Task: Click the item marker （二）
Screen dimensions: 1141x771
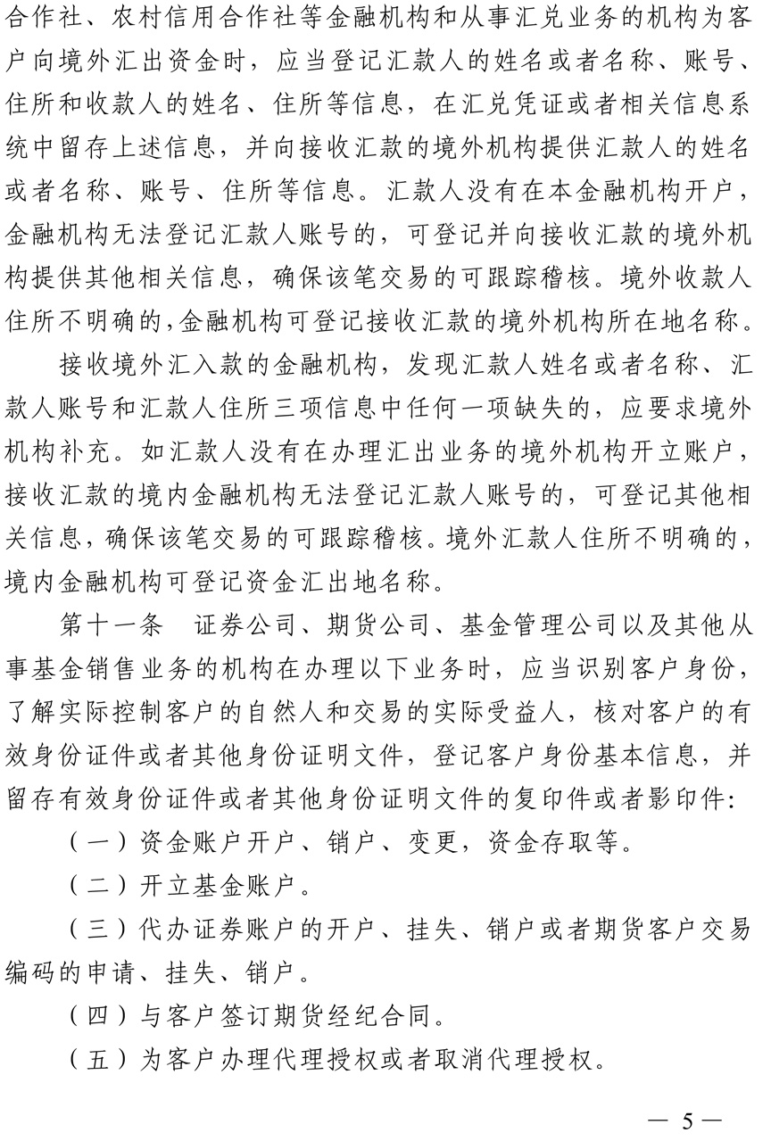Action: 97,887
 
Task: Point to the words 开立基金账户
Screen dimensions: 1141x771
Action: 223,887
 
